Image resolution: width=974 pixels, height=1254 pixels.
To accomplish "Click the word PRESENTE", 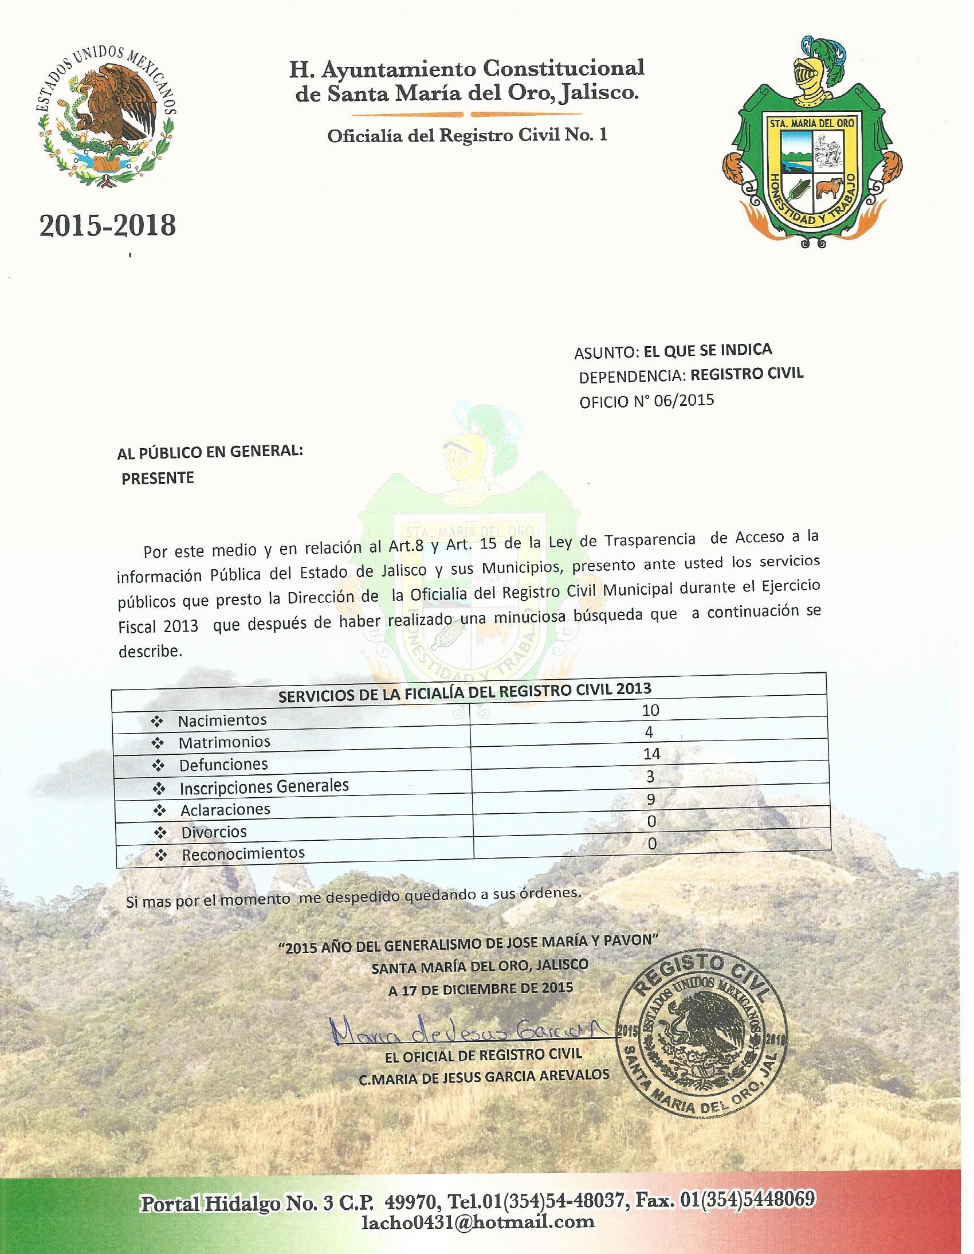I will (x=157, y=479).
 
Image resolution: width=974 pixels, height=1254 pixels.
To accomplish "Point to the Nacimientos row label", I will (x=222, y=720).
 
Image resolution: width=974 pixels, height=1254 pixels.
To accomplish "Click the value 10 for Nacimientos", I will (x=651, y=710).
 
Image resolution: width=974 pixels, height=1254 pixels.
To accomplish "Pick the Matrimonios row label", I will (x=224, y=742).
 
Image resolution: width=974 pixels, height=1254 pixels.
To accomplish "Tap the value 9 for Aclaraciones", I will (x=651, y=800).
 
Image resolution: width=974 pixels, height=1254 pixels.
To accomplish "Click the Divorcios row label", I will (x=214, y=832).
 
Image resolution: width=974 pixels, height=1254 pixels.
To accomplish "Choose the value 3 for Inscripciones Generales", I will (x=651, y=777).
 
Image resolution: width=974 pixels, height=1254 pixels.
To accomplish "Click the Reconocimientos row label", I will (x=244, y=854).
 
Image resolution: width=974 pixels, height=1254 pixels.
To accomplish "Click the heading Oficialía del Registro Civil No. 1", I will (x=466, y=135).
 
